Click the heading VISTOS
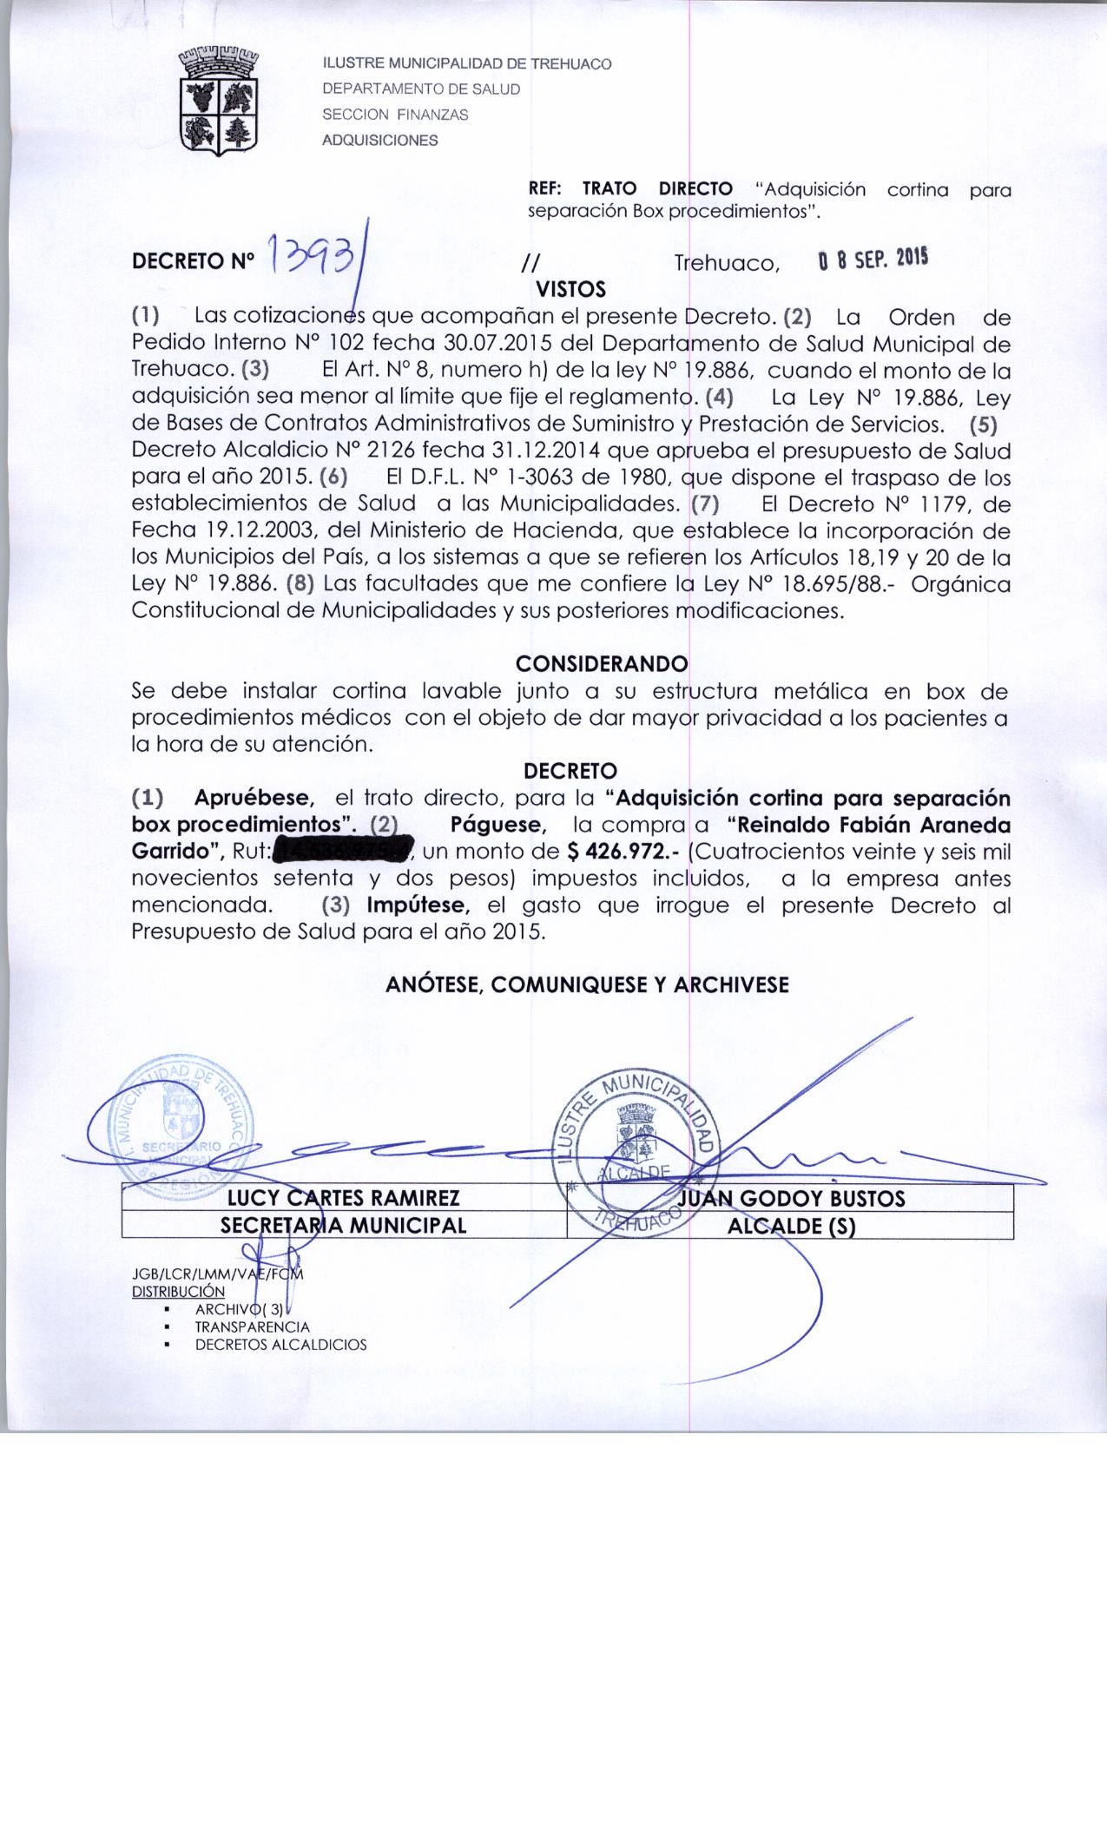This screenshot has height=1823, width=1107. point(570,288)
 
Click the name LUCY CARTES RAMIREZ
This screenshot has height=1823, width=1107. point(343,1199)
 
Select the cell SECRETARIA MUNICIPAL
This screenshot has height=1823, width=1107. point(343,1225)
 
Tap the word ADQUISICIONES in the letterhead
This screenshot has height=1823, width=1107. point(380,140)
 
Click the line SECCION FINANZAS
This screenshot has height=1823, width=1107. point(395,115)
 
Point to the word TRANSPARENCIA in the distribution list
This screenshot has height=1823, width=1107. point(252,1327)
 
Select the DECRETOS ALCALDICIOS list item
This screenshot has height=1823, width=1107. point(280,1345)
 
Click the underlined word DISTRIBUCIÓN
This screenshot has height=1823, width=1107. point(178,1292)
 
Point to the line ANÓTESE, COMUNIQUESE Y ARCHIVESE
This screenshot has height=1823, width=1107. point(587,984)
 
